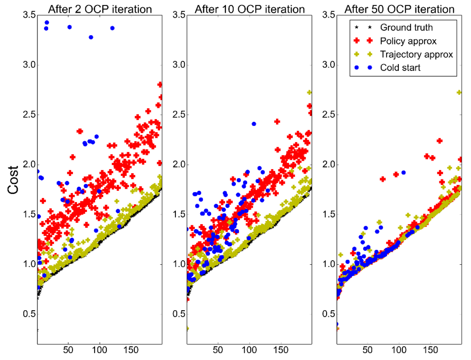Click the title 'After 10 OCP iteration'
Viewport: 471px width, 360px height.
coord(250,9)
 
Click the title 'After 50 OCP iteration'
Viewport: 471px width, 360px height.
coord(399,9)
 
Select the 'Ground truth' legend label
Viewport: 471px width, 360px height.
coord(406,28)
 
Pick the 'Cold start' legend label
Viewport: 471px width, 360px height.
coord(400,67)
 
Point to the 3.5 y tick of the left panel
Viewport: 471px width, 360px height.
coord(27,15)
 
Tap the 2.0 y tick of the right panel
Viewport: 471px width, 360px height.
coord(327,164)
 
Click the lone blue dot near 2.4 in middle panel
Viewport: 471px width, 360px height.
coord(254,124)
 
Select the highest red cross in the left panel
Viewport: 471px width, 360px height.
coord(160,85)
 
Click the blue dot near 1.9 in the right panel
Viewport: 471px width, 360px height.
coord(404,172)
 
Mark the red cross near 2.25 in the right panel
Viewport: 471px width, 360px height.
coord(439,141)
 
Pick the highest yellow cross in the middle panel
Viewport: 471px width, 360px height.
coord(310,92)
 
